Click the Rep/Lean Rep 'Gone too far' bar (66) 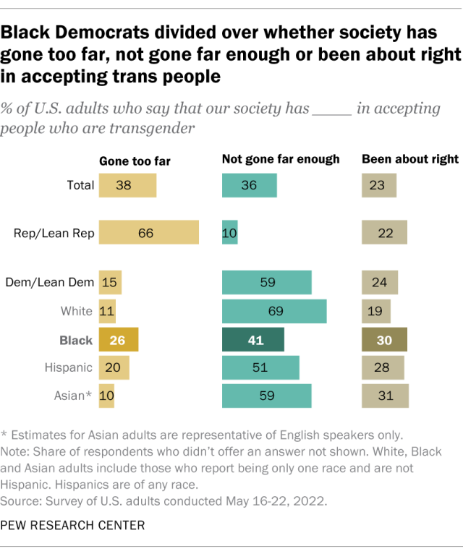click(148, 233)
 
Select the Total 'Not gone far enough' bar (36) click(249, 185)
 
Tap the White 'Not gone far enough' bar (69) click(274, 312)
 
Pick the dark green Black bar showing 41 click(252, 340)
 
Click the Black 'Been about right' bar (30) click(385, 340)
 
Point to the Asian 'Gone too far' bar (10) click(106, 396)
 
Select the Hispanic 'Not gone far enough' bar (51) click(260, 367)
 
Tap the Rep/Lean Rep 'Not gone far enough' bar click(229, 233)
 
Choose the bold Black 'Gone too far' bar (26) click(118, 340)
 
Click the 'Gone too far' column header click(135, 161)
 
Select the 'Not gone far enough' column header click(281, 159)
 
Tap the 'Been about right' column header click(410, 159)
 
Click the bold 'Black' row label click(77, 340)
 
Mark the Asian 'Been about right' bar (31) click(386, 396)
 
